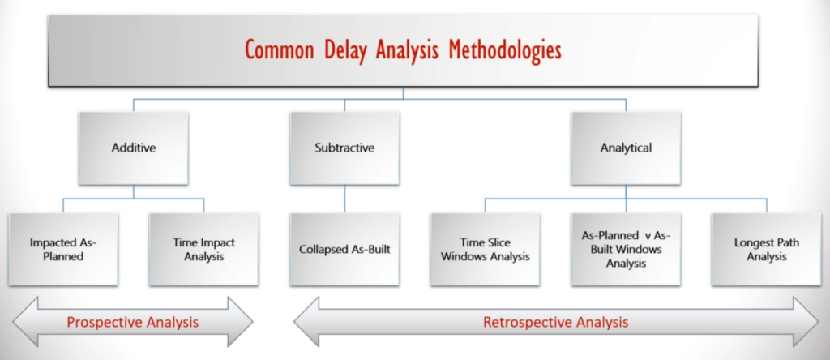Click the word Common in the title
pyautogui.click(x=279, y=50)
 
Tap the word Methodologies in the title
pyautogui.click(x=505, y=51)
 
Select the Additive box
pyautogui.click(x=134, y=148)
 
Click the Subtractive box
pyautogui.click(x=344, y=148)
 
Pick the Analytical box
pyautogui.click(x=626, y=148)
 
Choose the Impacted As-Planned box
pyautogui.click(x=63, y=250)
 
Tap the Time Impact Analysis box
pyautogui.click(x=203, y=250)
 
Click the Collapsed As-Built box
pyautogui.click(x=344, y=250)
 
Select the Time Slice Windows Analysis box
pyautogui.click(x=485, y=250)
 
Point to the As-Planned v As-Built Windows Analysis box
pyautogui.click(x=626, y=250)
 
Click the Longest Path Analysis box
pyautogui.click(x=767, y=250)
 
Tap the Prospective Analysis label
pyautogui.click(x=133, y=322)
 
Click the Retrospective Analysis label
pyautogui.click(x=556, y=322)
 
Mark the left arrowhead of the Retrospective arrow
pyautogui.click(x=306, y=322)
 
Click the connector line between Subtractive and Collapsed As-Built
pyautogui.click(x=344, y=199)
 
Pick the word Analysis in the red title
pyautogui.click(x=407, y=51)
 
